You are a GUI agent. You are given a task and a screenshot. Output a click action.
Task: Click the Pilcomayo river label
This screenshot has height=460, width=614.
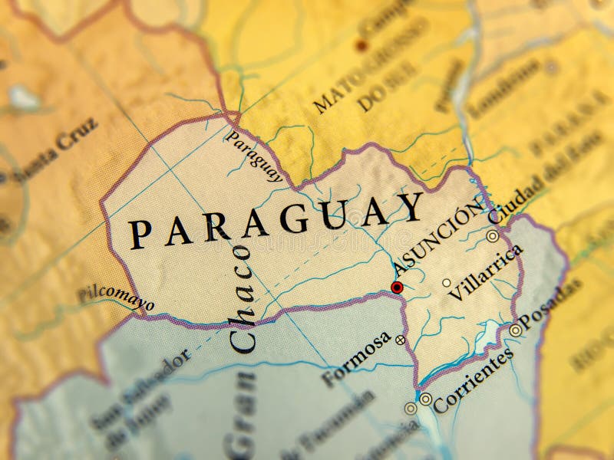click(115, 297)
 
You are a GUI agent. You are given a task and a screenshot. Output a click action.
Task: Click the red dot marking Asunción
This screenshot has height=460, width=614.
click(397, 287)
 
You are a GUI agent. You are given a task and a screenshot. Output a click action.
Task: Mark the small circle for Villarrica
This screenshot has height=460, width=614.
click(447, 283)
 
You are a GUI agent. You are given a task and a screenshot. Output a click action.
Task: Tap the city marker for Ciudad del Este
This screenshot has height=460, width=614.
click(492, 236)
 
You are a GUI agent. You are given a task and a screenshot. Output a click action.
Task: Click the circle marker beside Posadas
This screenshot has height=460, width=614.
click(516, 330)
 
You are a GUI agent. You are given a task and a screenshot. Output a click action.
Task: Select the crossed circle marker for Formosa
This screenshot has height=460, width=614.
click(400, 339)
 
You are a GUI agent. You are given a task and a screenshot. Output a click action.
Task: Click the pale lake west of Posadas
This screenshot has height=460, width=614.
click(488, 336)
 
